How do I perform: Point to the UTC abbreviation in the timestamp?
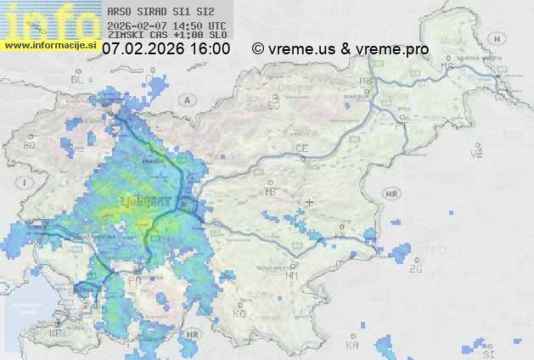tap(216, 25)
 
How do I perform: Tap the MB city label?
tap(366, 81)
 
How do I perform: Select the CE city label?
tap(301, 148)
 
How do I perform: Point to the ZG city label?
tap(415, 269)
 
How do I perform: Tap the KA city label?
tap(352, 345)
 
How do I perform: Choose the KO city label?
tap(239, 313)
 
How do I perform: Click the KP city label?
tap(56, 334)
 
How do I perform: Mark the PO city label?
tap(134, 279)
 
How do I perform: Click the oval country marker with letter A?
tap(186, 98)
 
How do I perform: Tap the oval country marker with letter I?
tap(27, 182)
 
